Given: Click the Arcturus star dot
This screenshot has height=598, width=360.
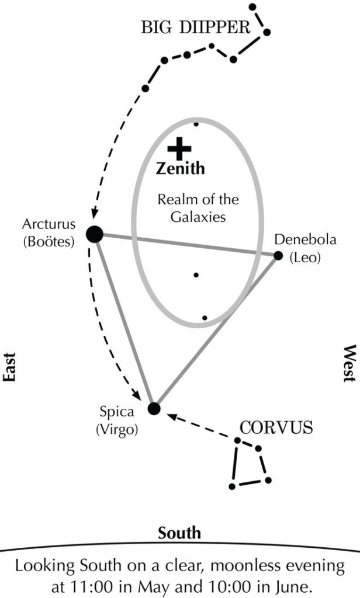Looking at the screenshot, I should (x=95, y=234).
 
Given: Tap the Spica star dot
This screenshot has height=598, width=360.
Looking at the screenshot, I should (x=154, y=408).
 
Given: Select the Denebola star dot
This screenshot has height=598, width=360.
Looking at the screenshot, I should (x=278, y=255).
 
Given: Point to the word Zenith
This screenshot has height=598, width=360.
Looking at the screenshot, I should (x=181, y=169).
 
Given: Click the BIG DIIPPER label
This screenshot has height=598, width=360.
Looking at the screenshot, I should (x=195, y=27).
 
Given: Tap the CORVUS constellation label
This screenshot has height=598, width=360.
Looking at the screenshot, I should (x=276, y=427).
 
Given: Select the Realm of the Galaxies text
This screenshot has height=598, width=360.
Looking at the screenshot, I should (x=198, y=208).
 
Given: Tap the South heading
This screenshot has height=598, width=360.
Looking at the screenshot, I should (x=179, y=533).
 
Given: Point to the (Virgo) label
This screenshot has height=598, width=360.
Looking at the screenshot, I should (x=117, y=430).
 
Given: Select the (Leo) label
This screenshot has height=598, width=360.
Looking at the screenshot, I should (x=305, y=257).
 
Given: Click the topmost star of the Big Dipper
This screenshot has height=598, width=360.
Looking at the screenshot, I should (x=252, y=7).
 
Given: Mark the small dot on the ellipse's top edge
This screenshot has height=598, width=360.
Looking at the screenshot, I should (x=196, y=124).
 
